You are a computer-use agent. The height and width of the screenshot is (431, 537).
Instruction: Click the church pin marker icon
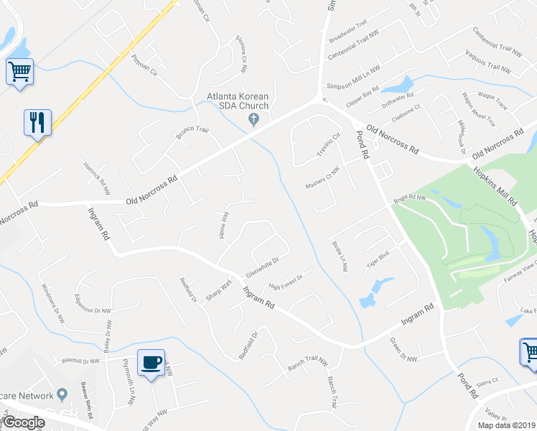(252, 119)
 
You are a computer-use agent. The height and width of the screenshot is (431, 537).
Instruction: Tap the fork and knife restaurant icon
(37, 121)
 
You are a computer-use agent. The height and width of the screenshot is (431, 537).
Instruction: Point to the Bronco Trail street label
(192, 134)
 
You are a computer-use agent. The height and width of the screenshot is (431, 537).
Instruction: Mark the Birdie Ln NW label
(340, 256)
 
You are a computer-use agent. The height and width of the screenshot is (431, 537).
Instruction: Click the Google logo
(23, 422)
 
